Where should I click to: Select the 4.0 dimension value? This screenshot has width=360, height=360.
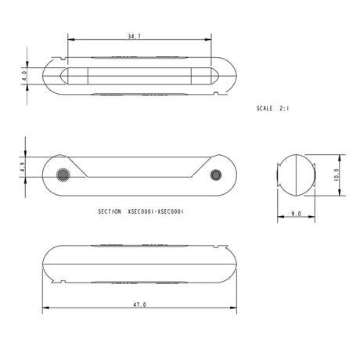(26, 78)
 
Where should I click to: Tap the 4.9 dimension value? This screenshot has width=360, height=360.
(26, 166)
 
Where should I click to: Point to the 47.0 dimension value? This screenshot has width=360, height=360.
(140, 304)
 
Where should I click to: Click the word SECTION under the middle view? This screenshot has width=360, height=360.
(110, 211)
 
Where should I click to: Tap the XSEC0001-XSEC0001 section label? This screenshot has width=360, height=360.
(155, 211)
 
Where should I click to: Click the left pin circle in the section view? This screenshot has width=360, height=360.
(63, 173)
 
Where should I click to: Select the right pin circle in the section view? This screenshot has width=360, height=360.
(218, 173)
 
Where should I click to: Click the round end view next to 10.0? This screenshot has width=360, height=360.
(296, 174)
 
